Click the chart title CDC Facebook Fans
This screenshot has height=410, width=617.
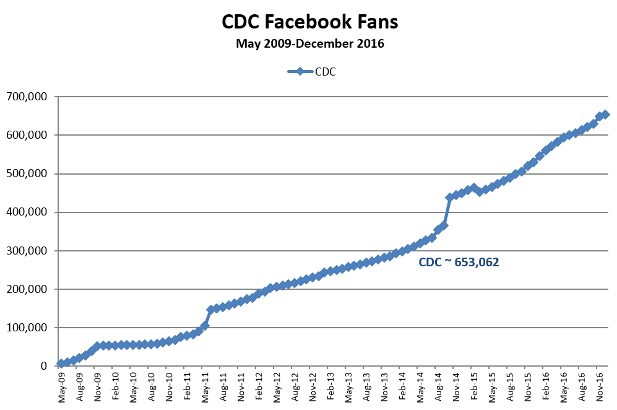click(x=310, y=22)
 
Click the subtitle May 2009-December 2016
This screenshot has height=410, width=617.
click(x=310, y=44)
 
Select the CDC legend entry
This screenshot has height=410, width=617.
click(x=312, y=71)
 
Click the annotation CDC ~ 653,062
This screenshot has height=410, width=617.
click(x=459, y=262)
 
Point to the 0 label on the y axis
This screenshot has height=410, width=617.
click(x=44, y=366)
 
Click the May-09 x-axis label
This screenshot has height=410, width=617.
click(x=61, y=388)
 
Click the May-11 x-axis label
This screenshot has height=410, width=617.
click(x=205, y=388)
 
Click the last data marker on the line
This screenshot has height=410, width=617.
click(x=605, y=115)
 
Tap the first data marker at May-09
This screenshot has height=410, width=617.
click(x=61, y=364)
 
